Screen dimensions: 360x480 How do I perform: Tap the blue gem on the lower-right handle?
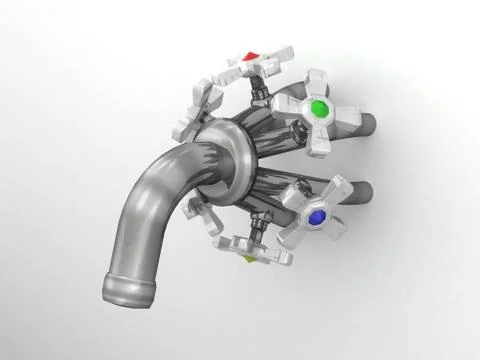317,216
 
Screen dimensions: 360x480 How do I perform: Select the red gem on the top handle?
250,57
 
